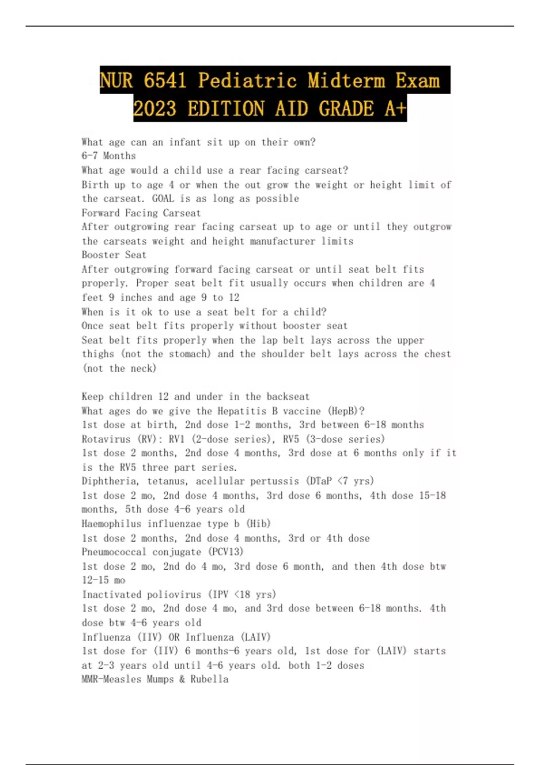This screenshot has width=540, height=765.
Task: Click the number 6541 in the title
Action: coord(165,81)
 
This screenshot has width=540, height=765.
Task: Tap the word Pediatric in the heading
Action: coord(247,81)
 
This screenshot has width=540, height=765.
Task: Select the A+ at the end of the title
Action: coord(395,108)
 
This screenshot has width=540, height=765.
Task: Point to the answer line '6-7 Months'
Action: coord(108,156)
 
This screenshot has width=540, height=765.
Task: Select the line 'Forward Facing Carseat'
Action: coord(141,213)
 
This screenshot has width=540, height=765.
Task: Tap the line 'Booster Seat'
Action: coord(114,255)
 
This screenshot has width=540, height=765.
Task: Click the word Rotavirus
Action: coord(106,439)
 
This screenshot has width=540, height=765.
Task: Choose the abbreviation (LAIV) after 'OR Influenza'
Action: coord(256,637)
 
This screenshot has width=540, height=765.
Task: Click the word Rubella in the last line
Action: coord(209,679)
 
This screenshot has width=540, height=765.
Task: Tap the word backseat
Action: coord(288,396)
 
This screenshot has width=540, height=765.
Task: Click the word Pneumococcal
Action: coord(114,552)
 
